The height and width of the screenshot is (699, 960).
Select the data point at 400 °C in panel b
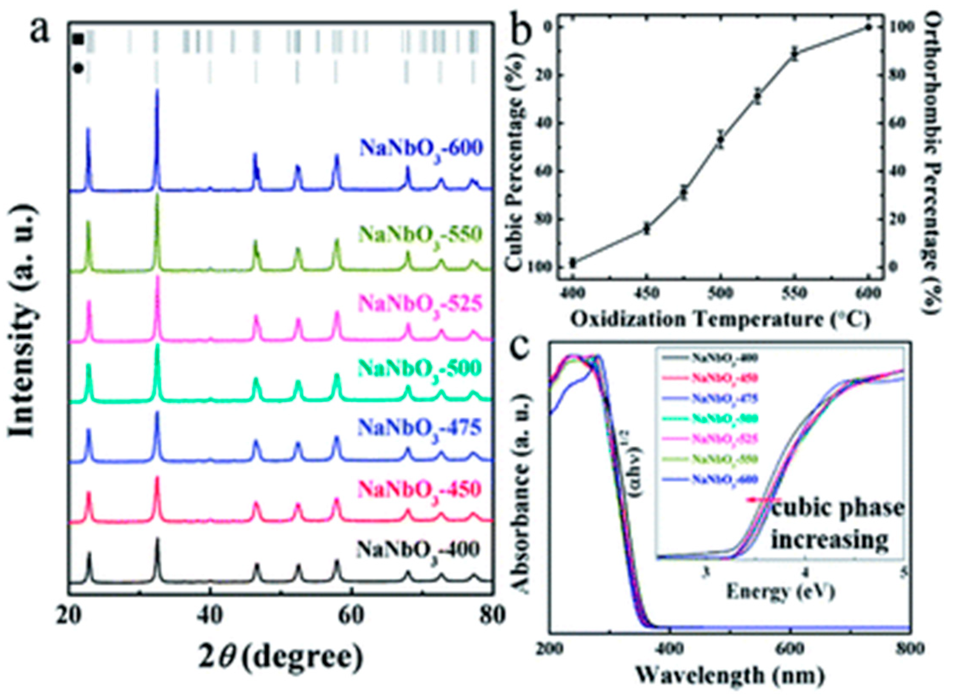(573, 262)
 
